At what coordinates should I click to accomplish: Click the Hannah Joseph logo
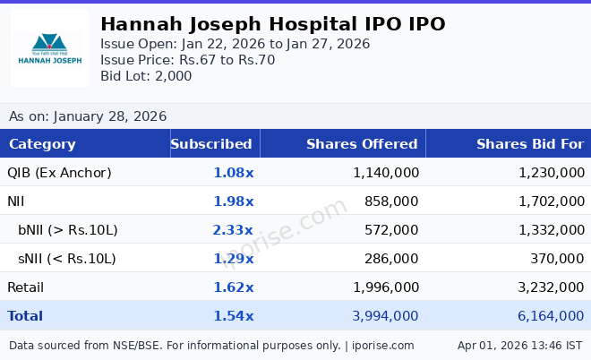pos(49,48)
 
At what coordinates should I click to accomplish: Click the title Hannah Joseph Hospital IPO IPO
pos(272,24)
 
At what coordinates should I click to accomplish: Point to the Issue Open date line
pos(235,44)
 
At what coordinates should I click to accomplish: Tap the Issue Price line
pos(187,60)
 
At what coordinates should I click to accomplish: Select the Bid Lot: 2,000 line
pos(146,76)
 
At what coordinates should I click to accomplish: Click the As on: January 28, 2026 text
pos(88,116)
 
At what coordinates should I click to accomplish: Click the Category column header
pos(42,144)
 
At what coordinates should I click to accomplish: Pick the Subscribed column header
pos(211,144)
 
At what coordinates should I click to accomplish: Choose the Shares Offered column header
pos(362,144)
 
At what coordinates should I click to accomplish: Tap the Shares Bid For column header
pos(529,144)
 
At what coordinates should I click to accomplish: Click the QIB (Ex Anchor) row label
pos(59,173)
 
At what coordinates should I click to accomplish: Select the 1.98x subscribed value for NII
pos(233,201)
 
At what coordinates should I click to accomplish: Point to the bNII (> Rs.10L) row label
pos(68,230)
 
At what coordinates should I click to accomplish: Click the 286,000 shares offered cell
pos(391,259)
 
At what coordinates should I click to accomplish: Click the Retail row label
pos(26,287)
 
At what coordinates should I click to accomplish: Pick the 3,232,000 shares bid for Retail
pos(551,287)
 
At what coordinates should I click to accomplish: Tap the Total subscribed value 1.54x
pos(233,316)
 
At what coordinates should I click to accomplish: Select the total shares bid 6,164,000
pos(551,316)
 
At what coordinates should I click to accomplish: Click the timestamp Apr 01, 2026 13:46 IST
pos(519,346)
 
